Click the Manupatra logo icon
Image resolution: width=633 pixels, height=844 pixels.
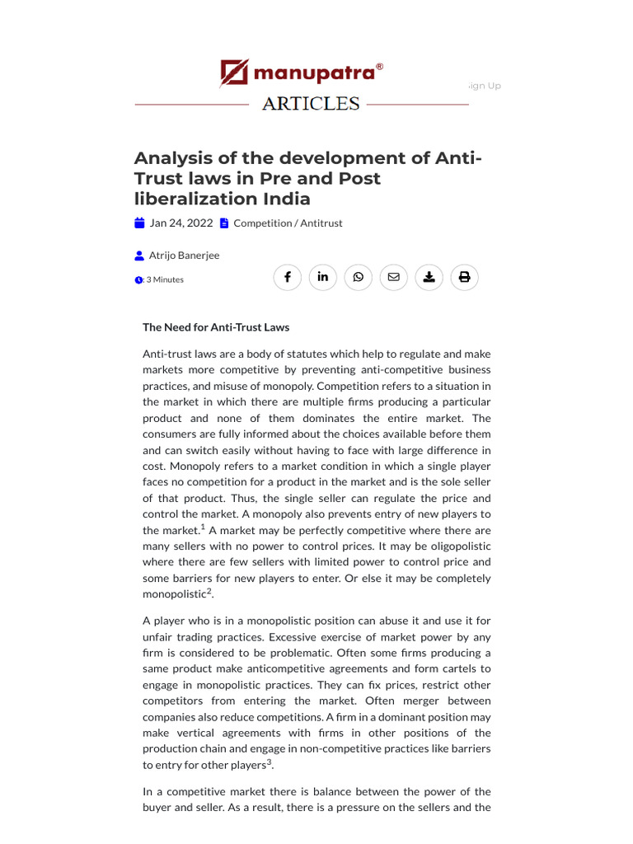tap(234, 73)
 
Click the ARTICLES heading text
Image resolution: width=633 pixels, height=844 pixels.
tap(311, 104)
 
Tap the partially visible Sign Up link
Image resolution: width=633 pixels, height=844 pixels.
tap(485, 86)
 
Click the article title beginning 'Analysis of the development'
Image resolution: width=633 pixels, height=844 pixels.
tap(308, 178)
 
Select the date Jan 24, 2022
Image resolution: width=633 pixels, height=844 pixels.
tap(181, 223)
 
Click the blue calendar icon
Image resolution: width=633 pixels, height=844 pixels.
tap(139, 223)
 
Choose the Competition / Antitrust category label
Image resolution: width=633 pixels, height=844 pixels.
tap(288, 223)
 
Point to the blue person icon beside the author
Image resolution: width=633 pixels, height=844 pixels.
tap(139, 256)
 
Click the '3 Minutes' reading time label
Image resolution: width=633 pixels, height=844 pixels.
tap(164, 279)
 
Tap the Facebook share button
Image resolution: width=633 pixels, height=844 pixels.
tap(288, 277)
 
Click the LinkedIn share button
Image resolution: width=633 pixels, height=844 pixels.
tap(323, 277)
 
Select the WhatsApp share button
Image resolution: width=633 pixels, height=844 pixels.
tap(359, 277)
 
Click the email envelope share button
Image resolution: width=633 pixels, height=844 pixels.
tap(393, 277)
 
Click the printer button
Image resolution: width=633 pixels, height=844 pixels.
tap(464, 277)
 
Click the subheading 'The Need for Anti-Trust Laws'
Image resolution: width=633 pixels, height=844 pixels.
tap(216, 327)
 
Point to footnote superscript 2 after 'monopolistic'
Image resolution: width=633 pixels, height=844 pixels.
tap(209, 591)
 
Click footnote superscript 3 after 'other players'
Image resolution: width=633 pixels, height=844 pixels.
tap(269, 762)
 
